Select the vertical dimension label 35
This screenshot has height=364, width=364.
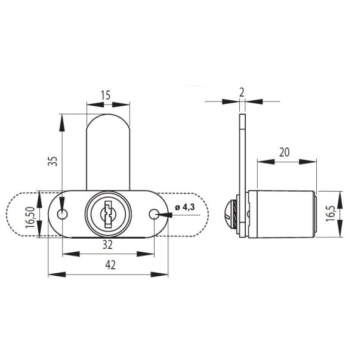(x=53, y=161)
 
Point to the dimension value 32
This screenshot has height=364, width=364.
(x=108, y=244)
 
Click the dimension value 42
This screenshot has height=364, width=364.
(x=108, y=265)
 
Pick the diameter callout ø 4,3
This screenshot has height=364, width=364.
(x=186, y=207)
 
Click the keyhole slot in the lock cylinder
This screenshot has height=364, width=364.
(x=108, y=214)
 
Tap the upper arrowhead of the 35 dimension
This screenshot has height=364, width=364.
(x=61, y=119)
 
